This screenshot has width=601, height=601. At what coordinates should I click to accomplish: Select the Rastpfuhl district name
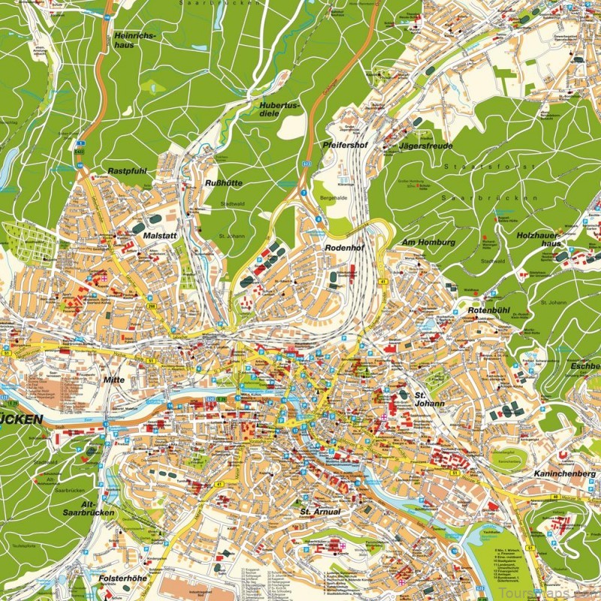pos(124,171)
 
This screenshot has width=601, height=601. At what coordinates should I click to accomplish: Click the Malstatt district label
pos(159,235)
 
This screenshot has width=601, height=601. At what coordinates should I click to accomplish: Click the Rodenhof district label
pos(344,247)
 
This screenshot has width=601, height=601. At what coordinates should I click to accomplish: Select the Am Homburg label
pos(429,242)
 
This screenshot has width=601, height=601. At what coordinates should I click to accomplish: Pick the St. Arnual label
pos(320,512)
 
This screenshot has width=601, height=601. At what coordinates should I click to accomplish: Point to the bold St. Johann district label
pos(429,398)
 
